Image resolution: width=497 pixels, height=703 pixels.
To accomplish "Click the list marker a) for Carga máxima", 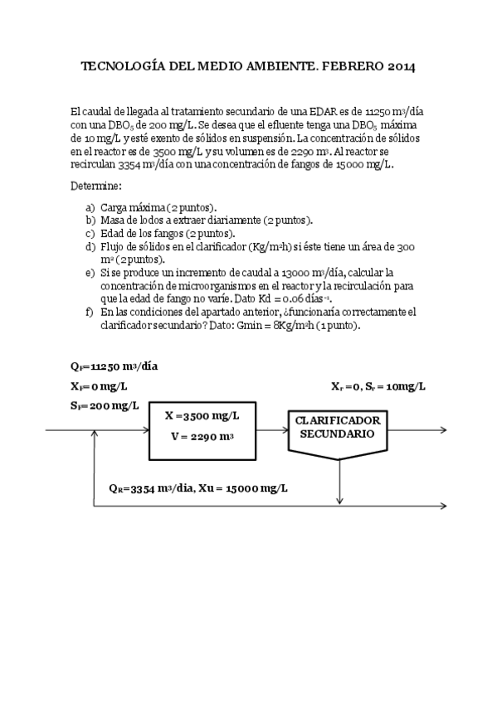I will click(x=90, y=206).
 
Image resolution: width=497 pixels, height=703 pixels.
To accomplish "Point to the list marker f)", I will click(x=90, y=312).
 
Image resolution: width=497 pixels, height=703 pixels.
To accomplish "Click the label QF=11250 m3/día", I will click(x=115, y=366).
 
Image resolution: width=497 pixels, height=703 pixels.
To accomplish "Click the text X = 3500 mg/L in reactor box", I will click(x=202, y=416).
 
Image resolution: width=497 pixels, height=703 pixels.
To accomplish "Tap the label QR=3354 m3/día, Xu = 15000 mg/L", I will click(x=192, y=487).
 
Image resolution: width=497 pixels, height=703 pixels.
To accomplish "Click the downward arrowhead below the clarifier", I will click(x=340, y=499).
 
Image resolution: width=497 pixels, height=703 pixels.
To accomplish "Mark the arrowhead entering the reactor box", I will click(x=144, y=430).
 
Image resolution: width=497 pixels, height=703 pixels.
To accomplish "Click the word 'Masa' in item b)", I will click(x=113, y=220).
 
